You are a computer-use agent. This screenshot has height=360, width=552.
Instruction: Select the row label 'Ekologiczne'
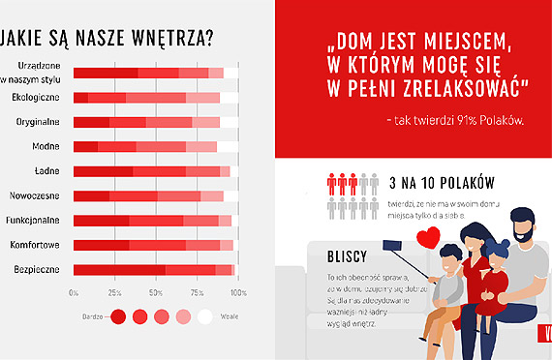pyautogui.click(x=37, y=98)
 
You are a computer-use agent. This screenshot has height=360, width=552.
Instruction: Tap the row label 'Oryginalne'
pyautogui.click(x=38, y=122)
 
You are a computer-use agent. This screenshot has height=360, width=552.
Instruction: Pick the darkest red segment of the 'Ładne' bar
pyautogui.click(x=103, y=171)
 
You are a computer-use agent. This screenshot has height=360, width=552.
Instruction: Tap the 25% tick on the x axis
pyautogui.click(x=113, y=292)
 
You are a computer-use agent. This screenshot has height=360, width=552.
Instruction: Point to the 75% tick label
pyautogui.click(x=198, y=292)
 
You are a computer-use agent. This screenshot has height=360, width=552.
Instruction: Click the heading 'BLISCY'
pyautogui.click(x=346, y=260)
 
